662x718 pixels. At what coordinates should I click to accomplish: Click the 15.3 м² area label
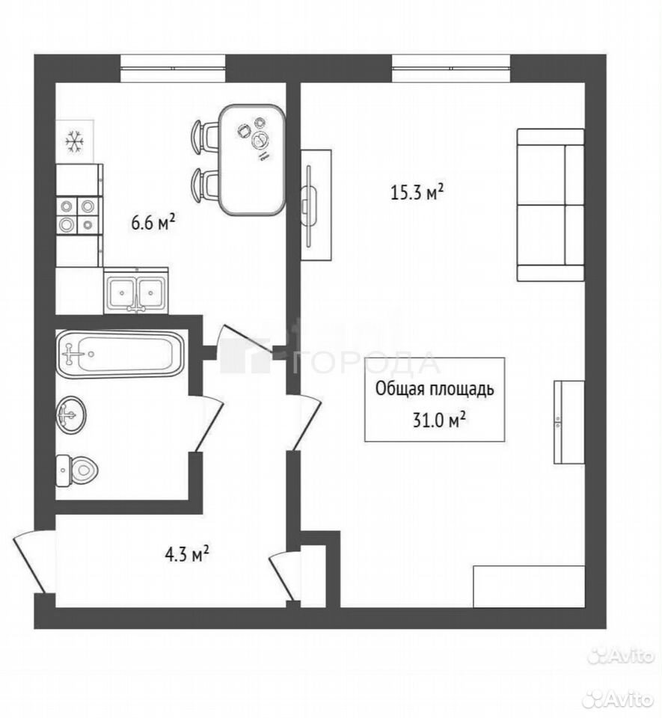417,192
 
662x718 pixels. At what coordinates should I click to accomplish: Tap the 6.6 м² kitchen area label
153,223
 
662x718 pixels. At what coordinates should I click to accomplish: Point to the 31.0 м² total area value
439,420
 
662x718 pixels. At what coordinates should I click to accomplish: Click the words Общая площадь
435,389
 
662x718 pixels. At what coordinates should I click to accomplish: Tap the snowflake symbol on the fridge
74,141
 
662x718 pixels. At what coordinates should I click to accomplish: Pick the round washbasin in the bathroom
71,414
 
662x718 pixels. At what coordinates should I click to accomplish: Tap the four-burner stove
78,215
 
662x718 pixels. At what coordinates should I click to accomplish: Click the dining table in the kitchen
252,160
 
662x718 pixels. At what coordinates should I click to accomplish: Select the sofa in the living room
551,204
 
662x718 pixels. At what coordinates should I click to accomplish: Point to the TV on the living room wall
310,206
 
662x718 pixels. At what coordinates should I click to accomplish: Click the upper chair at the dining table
205,136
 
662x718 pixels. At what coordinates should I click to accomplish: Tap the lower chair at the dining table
205,184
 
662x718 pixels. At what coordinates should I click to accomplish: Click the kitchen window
174,69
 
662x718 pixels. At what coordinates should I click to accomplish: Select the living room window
451,69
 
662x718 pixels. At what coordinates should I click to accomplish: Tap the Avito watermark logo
621,656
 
